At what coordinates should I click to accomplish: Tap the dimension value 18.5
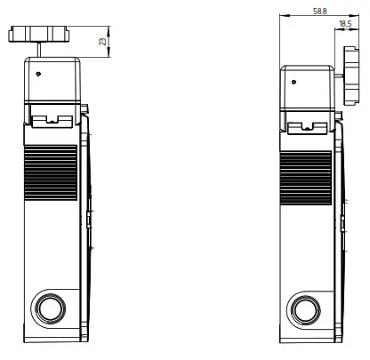point(344,25)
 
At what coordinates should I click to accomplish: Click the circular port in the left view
point(48,308)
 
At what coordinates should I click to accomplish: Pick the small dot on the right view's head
point(294,81)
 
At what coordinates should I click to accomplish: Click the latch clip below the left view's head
point(52,118)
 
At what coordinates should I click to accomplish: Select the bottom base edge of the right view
point(308,343)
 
